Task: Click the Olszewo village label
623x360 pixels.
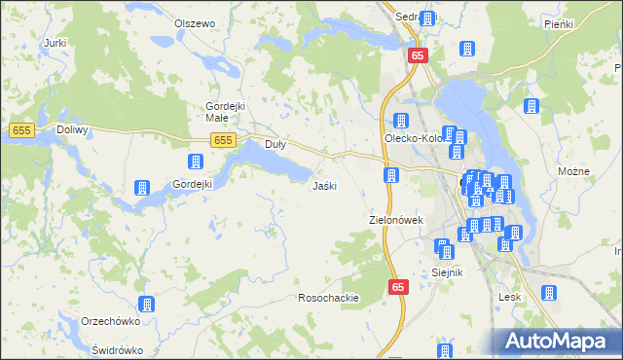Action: (x=194, y=22)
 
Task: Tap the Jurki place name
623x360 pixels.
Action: (x=55, y=43)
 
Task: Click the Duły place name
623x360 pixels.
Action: (x=275, y=145)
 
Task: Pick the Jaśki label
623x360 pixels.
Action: (x=324, y=185)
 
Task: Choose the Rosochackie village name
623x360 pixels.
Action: (x=329, y=298)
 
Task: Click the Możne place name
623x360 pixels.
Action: (x=574, y=171)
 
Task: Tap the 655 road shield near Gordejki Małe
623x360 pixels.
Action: (x=224, y=141)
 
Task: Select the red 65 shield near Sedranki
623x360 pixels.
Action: (x=418, y=56)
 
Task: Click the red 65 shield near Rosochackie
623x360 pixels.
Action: (x=399, y=287)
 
